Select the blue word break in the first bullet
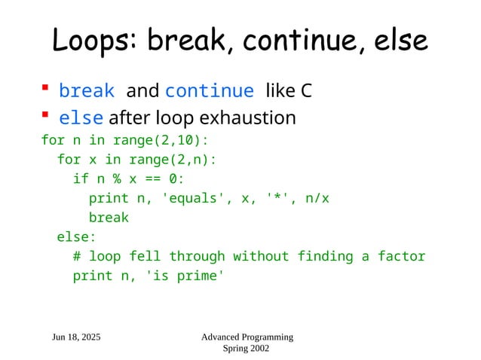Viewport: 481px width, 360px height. click(87, 91)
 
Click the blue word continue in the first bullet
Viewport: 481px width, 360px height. click(209, 91)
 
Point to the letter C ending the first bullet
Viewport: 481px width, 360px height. click(306, 91)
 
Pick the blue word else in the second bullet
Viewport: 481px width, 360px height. click(81, 118)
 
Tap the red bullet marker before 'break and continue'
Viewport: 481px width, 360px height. click(45, 90)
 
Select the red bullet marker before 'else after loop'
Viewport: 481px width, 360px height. click(45, 116)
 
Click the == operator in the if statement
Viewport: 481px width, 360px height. click(153, 178)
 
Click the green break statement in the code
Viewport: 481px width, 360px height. click(109, 218)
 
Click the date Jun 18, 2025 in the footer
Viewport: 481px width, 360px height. click(76, 337)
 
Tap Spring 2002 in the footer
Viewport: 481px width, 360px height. click(247, 349)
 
